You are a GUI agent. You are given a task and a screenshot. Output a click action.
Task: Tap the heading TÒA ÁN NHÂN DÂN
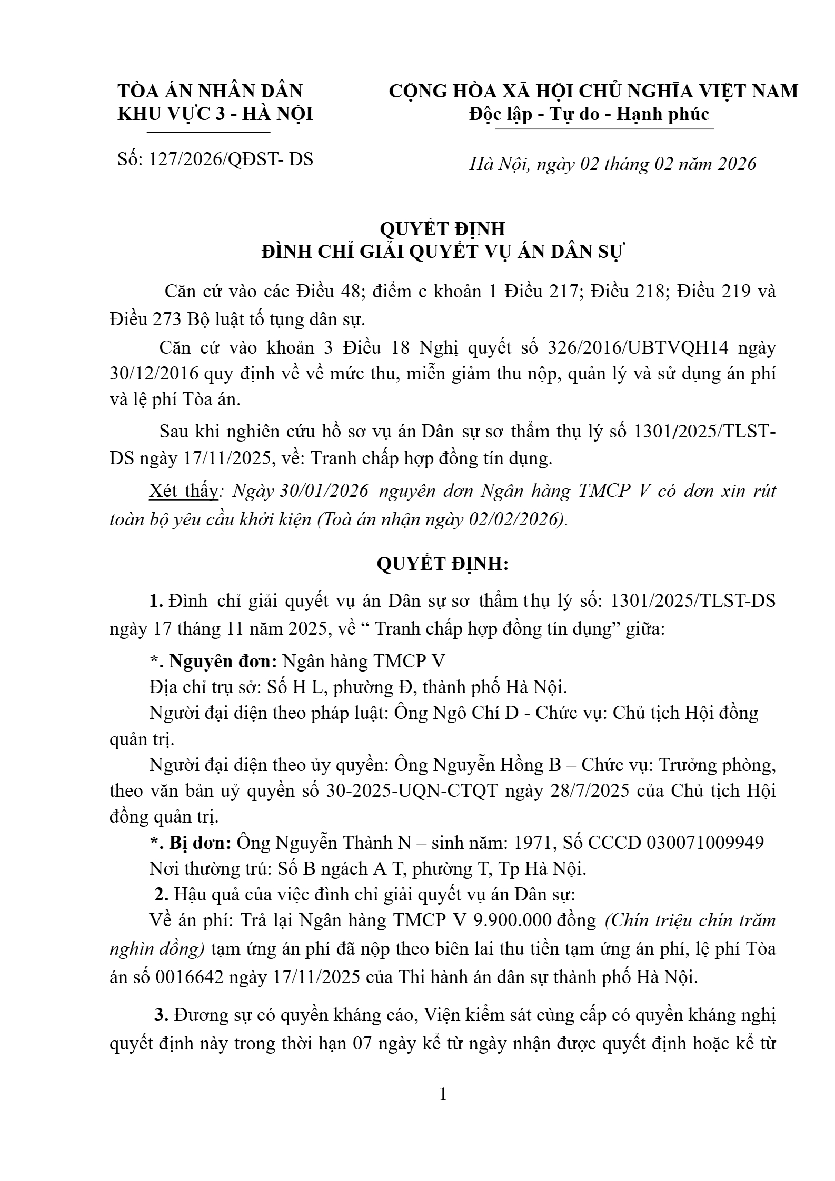coord(210,91)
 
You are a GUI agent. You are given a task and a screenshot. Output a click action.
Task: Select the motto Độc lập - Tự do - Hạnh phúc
coord(589,114)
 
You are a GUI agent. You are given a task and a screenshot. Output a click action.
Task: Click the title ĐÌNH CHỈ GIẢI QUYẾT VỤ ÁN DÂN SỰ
coord(442,252)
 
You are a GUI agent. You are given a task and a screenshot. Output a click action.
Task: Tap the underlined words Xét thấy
coord(183,491)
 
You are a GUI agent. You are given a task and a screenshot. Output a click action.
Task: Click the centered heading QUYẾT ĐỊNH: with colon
coord(442,564)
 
